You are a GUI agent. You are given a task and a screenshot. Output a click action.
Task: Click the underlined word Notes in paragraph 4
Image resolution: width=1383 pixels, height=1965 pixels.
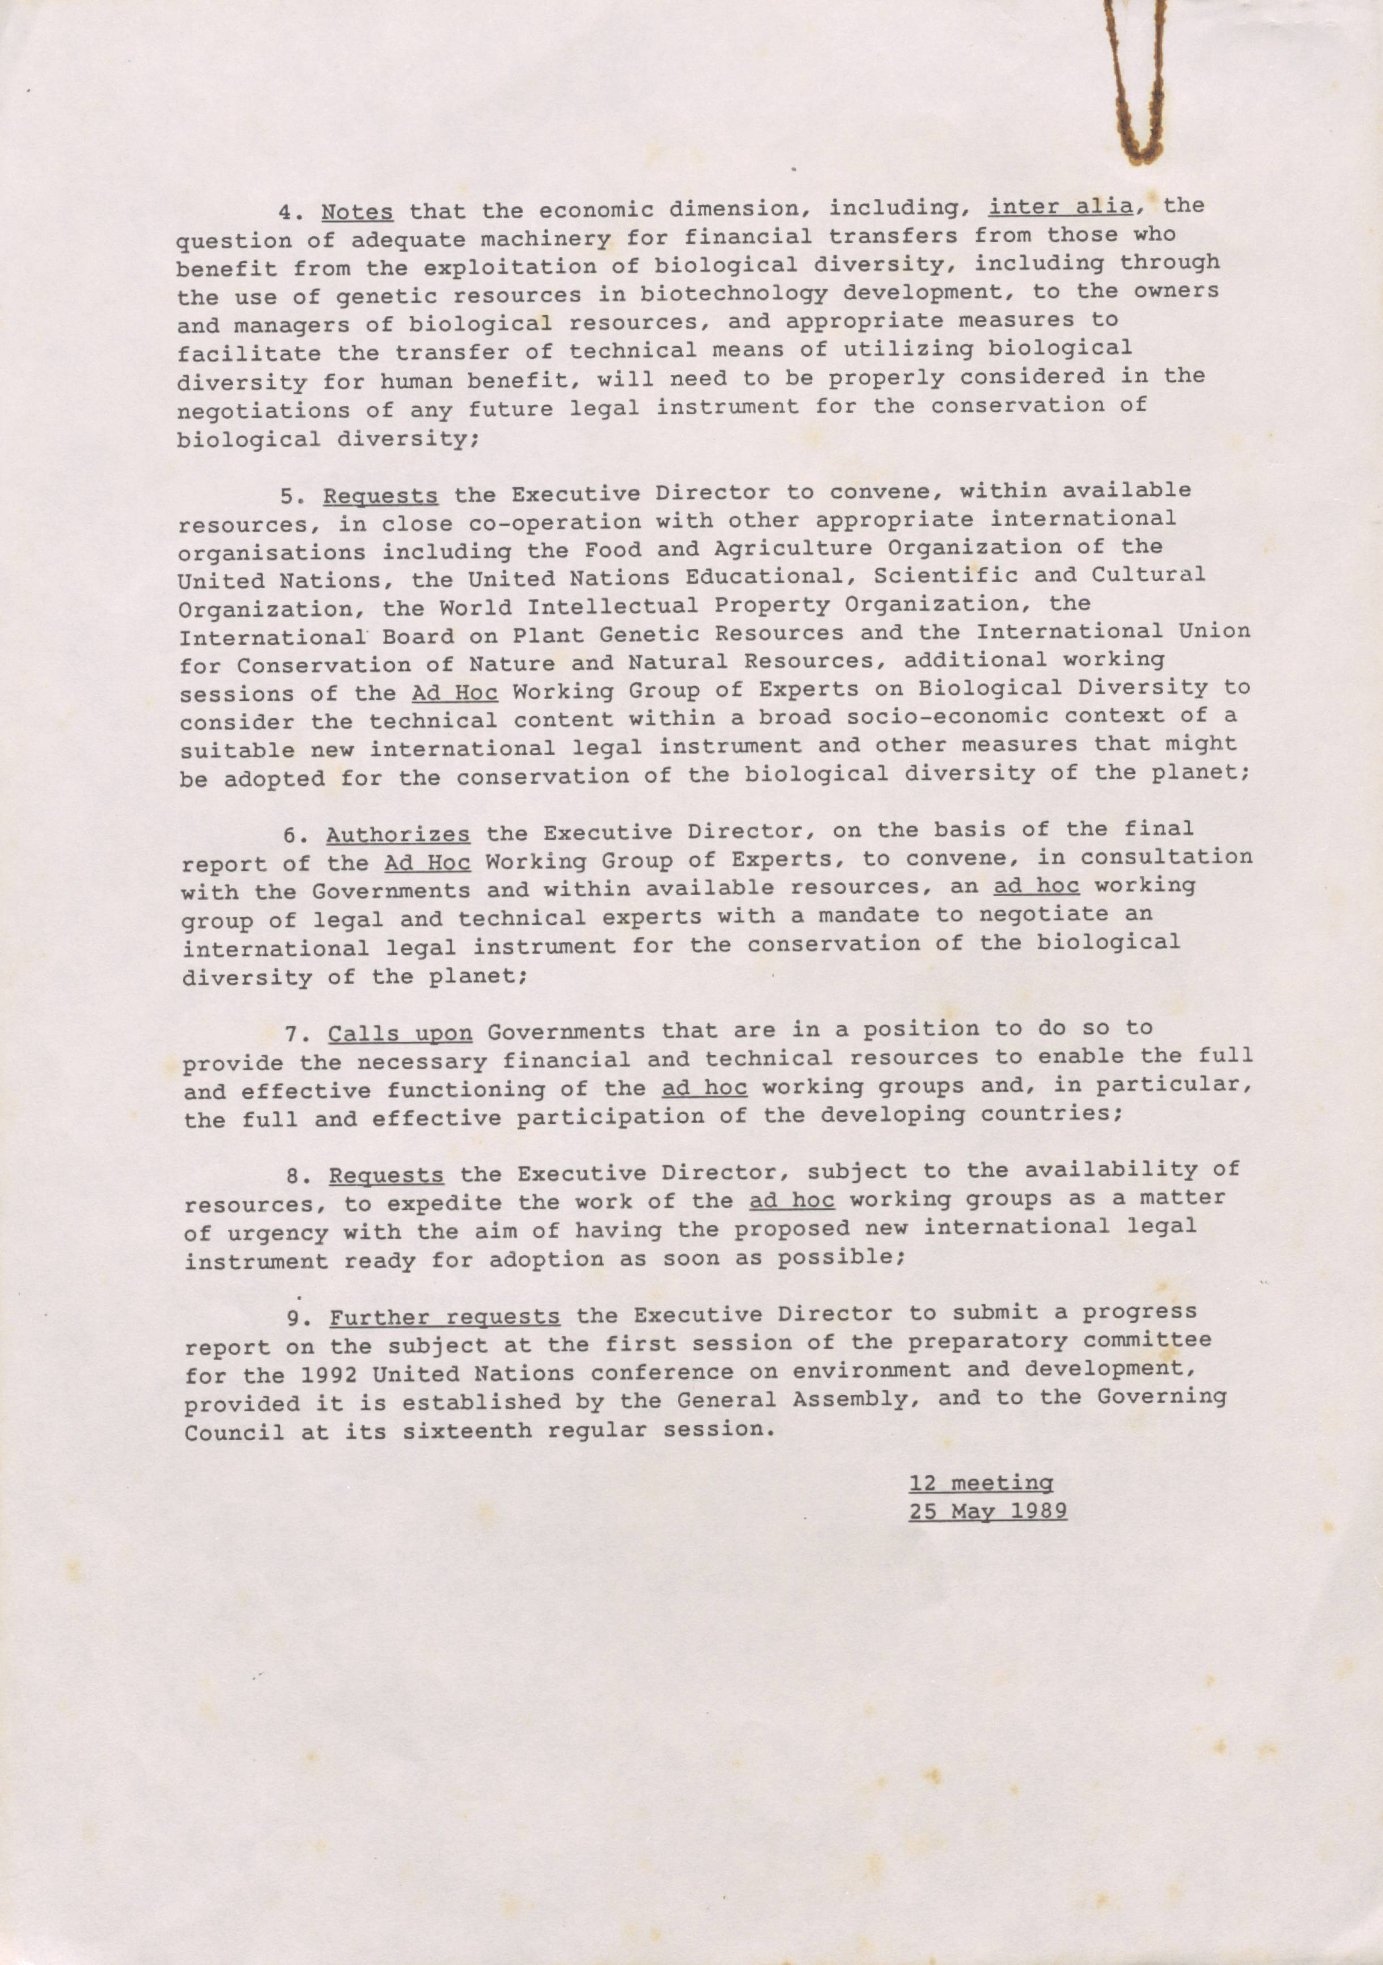pos(357,211)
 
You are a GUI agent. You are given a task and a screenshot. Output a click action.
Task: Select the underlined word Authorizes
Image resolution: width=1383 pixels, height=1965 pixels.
pos(397,834)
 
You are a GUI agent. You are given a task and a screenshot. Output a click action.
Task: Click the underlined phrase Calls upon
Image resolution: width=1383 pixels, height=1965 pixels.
pos(400,1034)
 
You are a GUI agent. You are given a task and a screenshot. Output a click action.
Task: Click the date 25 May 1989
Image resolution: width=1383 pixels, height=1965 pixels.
pos(987,1510)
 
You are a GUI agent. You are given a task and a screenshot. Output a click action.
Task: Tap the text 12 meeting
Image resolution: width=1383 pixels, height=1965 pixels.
pos(981,1482)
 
